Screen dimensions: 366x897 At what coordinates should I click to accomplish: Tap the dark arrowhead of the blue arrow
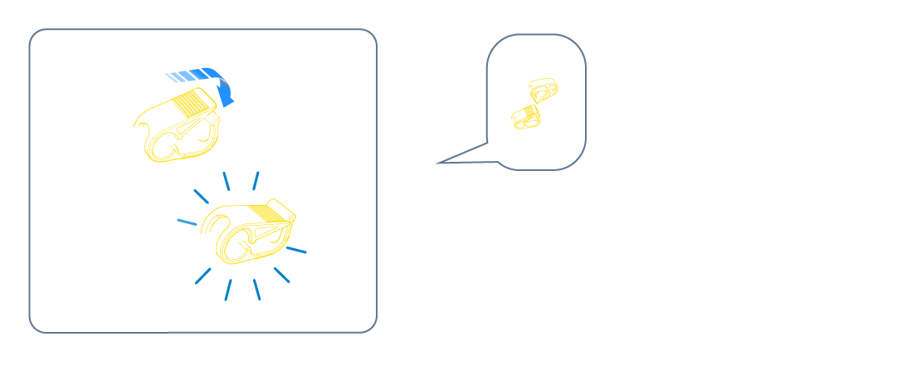225,93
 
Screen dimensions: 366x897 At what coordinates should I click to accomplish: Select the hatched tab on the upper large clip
193,104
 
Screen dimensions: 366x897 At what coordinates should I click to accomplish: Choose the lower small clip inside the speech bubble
526,117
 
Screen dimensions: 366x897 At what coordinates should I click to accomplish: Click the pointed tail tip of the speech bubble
438,163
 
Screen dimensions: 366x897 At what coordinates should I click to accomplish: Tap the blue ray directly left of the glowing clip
187,222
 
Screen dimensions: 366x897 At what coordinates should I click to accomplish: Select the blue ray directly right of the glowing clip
296,248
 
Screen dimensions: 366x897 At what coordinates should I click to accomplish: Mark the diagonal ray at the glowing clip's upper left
201,196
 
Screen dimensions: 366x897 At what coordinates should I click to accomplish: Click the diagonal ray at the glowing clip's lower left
202,276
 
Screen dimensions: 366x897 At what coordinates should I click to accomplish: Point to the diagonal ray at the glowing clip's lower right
282,275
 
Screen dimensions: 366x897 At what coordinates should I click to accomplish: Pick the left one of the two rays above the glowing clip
226,181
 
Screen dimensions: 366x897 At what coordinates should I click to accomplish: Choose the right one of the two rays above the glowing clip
256,180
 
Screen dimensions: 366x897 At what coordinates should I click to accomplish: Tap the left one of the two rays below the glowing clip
228,290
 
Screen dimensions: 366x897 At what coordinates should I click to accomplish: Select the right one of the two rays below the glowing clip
257,290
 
